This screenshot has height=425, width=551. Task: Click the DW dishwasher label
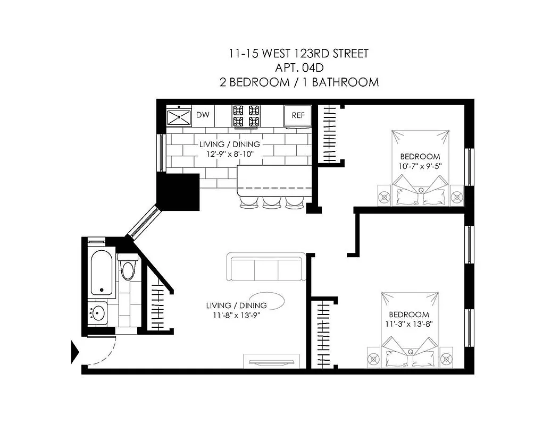203,115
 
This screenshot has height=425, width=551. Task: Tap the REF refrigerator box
298,115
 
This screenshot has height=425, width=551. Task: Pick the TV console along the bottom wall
270,360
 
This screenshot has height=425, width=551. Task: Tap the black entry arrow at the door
75,352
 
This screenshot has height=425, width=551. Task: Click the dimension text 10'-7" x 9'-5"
420,166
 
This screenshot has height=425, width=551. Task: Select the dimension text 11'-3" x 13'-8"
408,324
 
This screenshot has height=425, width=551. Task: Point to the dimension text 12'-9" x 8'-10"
230,154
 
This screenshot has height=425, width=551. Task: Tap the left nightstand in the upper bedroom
385,196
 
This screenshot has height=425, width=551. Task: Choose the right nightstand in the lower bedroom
445,355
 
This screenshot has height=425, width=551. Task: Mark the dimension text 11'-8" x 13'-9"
236,315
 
